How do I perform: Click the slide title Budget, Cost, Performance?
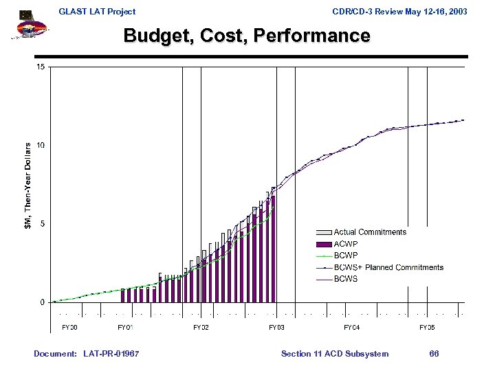247,36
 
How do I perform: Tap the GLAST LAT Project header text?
97,12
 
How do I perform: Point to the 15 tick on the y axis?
41,67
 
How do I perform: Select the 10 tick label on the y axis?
41,146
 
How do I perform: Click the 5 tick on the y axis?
42,224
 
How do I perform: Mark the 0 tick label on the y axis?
42,302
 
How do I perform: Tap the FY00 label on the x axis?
69,327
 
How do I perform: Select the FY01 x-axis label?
125,327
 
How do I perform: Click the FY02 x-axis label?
201,327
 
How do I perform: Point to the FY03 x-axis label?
276,327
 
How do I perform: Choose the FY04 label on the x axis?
351,327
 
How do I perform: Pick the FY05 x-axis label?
427,327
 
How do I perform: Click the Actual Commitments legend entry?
369,232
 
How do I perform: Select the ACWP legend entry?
345,244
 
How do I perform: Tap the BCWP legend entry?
345,256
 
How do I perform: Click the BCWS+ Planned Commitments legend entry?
388,267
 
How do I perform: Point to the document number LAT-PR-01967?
110,354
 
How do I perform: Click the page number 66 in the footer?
434,354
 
